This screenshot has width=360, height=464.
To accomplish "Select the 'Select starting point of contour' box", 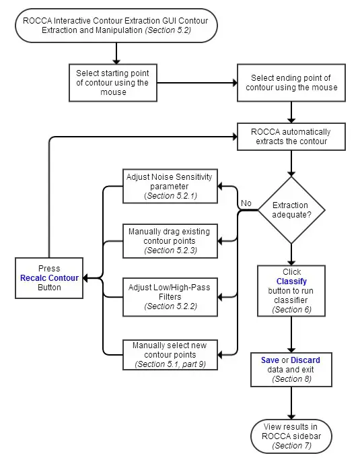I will click(x=113, y=82).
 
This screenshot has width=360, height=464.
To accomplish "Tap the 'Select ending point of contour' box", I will click(x=291, y=83).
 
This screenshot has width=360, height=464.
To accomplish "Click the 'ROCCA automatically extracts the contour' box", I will click(x=291, y=137).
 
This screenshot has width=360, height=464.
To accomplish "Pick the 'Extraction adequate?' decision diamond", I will click(x=291, y=209).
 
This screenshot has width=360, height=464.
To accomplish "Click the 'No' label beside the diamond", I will click(x=246, y=203).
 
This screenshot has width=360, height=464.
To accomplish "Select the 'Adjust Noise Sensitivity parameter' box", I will click(x=169, y=186).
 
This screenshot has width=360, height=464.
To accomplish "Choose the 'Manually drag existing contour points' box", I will click(x=169, y=240).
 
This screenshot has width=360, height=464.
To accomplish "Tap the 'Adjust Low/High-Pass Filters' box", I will click(x=169, y=296).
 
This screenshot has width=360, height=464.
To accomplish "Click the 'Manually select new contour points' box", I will click(x=169, y=354).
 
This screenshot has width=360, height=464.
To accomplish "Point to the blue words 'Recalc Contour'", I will click(x=49, y=277).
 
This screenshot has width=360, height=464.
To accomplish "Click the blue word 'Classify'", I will click(x=291, y=281).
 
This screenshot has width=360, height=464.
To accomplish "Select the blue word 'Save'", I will click(x=270, y=360).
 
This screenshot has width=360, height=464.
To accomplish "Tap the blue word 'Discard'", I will click(x=305, y=360).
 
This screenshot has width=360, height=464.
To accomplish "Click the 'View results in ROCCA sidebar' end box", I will click(x=291, y=436).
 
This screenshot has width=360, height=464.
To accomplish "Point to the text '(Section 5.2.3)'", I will click(x=170, y=251).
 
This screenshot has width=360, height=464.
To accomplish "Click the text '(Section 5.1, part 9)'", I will click(x=170, y=364).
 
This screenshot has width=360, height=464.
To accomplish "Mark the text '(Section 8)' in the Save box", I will click(x=291, y=379).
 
